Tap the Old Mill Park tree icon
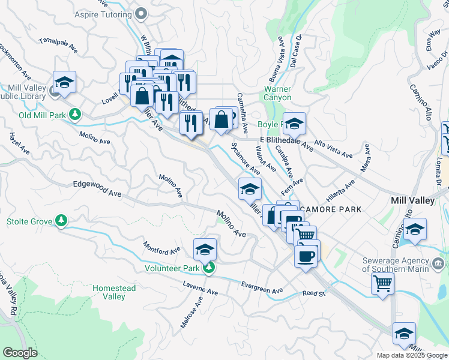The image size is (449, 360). (76, 114)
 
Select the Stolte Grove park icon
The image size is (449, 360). (61, 221)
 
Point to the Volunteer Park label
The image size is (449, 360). (172, 268)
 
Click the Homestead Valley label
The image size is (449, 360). (113, 292)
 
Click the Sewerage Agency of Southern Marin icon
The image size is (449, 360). (438, 263)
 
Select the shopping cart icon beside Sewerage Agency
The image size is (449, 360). (382, 283)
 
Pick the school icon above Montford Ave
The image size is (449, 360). (205, 248)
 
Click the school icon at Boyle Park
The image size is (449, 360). (294, 123)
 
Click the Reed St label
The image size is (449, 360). (313, 294)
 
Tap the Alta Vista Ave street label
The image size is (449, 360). (334, 149)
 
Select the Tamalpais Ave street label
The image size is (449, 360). (58, 44)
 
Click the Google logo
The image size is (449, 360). (20, 352)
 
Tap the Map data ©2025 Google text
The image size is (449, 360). (411, 355)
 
